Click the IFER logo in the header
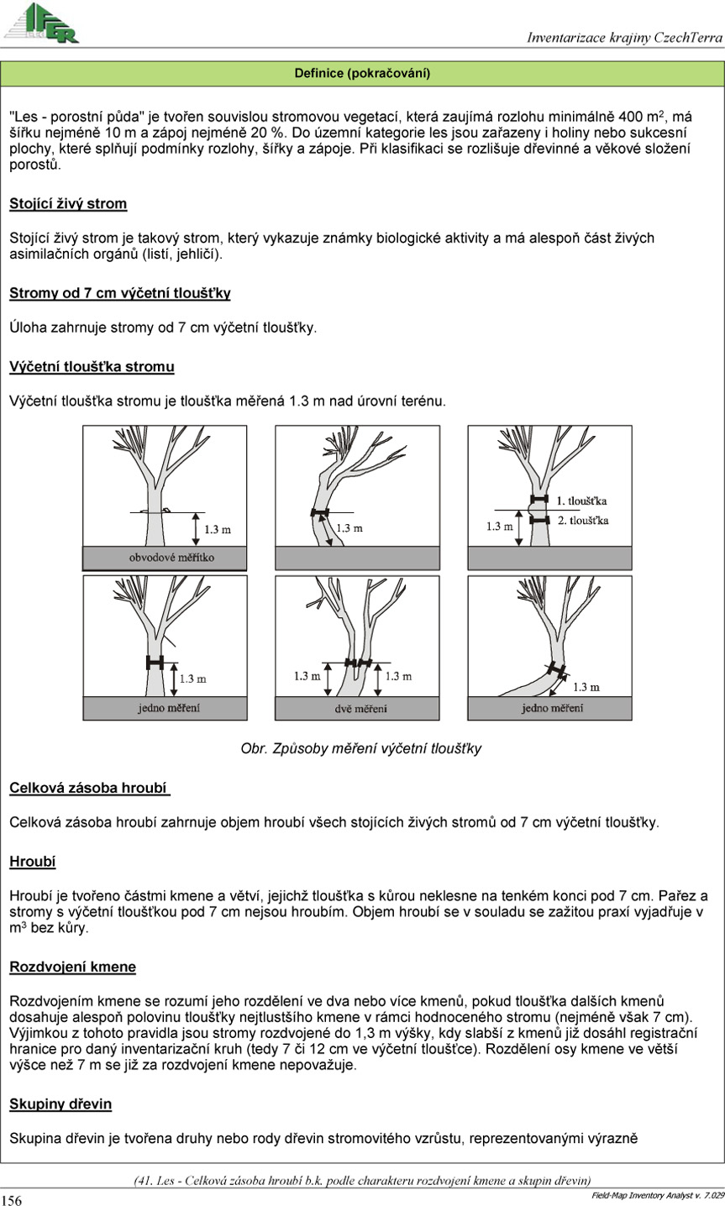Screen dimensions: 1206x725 click(x=42, y=23)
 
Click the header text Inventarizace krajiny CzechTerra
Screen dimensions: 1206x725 click(x=624, y=37)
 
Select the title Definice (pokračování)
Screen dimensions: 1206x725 click(x=362, y=74)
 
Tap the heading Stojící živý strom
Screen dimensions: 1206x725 click(x=68, y=204)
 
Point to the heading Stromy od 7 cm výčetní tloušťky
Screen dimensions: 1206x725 click(x=119, y=293)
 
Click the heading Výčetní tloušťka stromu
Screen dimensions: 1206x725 click(x=92, y=367)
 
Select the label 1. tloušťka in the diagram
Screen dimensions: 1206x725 click(x=582, y=501)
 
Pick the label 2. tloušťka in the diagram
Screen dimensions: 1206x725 click(x=582, y=521)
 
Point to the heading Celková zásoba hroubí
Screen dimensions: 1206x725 click(x=89, y=789)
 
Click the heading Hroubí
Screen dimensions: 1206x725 click(x=33, y=861)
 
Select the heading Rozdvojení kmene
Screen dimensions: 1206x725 click(x=72, y=967)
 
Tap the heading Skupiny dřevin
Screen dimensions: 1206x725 click(x=60, y=1104)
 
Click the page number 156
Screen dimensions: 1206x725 click(x=12, y=1200)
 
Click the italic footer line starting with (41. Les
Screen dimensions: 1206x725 click(x=362, y=1180)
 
